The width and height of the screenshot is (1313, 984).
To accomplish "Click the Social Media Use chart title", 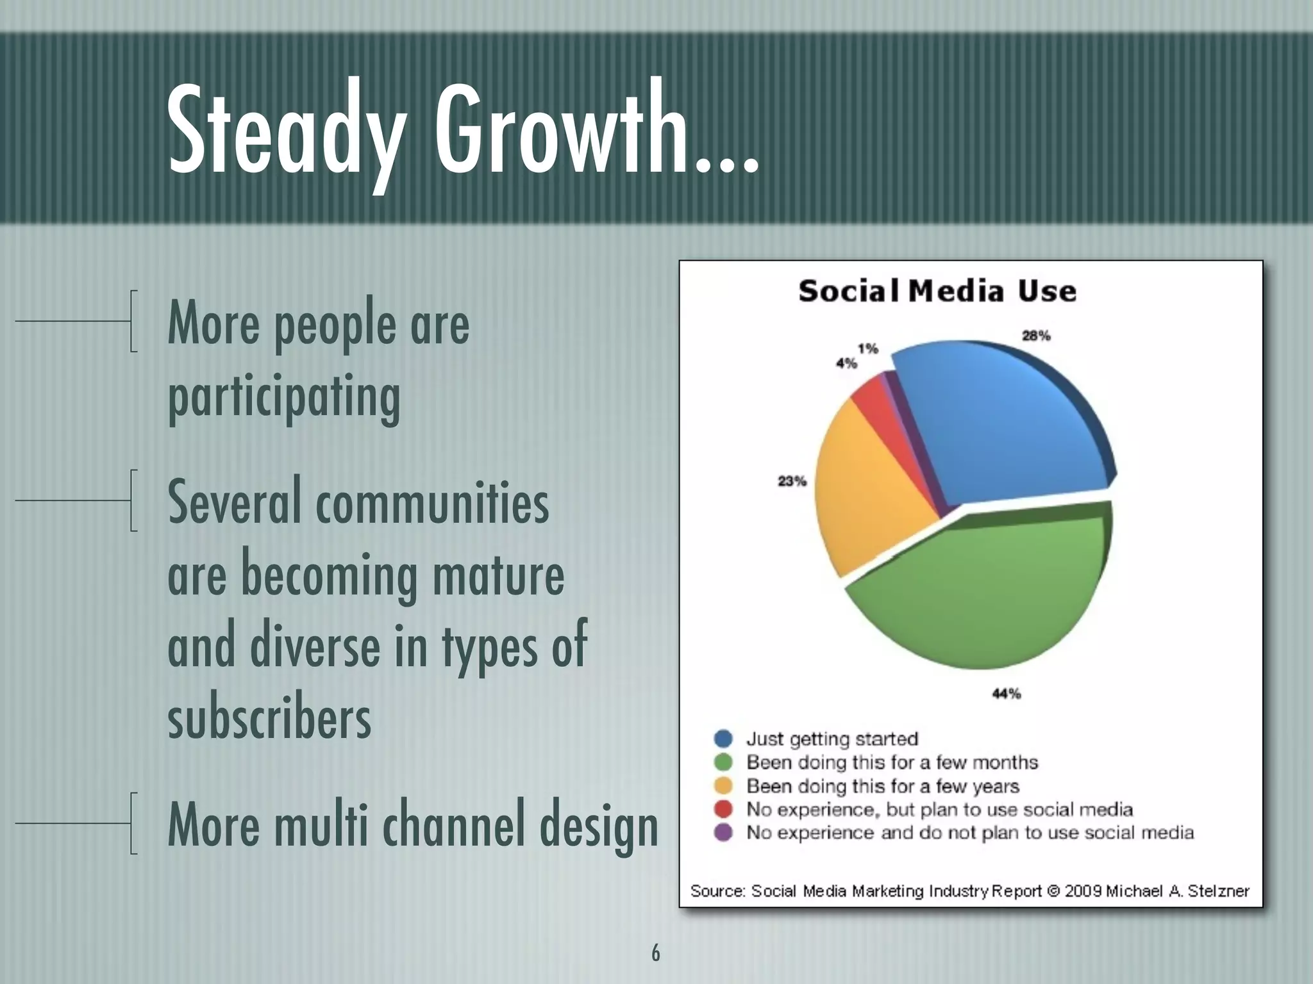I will click(x=937, y=291).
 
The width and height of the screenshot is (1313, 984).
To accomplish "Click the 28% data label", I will click(x=1036, y=336).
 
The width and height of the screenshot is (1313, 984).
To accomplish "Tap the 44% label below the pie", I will click(x=1006, y=694).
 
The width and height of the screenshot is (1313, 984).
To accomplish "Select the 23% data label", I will click(x=792, y=481).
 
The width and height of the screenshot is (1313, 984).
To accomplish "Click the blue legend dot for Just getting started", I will click(x=723, y=739).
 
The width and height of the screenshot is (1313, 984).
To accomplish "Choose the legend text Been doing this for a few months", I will click(x=891, y=762).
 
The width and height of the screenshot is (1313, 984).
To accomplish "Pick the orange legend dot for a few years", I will click(x=723, y=786).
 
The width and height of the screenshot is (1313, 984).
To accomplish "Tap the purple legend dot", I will click(x=723, y=833).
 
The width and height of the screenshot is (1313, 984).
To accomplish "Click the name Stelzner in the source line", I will click(x=1218, y=891).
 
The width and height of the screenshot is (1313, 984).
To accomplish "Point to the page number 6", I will click(x=655, y=953).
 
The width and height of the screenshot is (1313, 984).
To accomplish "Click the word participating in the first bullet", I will click(x=284, y=395).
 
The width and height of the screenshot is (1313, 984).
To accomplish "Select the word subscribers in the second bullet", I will click(x=269, y=717).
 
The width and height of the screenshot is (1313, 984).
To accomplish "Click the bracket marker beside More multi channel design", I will click(x=133, y=823).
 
